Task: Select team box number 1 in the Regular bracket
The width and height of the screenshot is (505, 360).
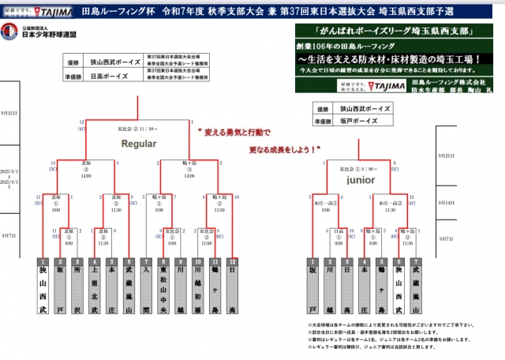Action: click(43, 287)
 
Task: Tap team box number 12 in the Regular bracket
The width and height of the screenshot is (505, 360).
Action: click(232, 287)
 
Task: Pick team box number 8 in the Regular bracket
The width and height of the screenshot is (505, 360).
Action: click(163, 287)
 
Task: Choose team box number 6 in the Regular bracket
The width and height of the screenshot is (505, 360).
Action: click(129, 287)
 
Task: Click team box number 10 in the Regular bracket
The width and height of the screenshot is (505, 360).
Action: click(197, 287)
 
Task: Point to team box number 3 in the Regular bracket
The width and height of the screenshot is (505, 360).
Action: click(77, 287)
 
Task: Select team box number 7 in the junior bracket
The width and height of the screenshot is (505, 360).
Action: click(417, 287)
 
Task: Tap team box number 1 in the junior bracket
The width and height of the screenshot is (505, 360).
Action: click(313, 287)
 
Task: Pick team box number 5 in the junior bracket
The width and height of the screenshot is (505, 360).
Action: click(382, 287)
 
